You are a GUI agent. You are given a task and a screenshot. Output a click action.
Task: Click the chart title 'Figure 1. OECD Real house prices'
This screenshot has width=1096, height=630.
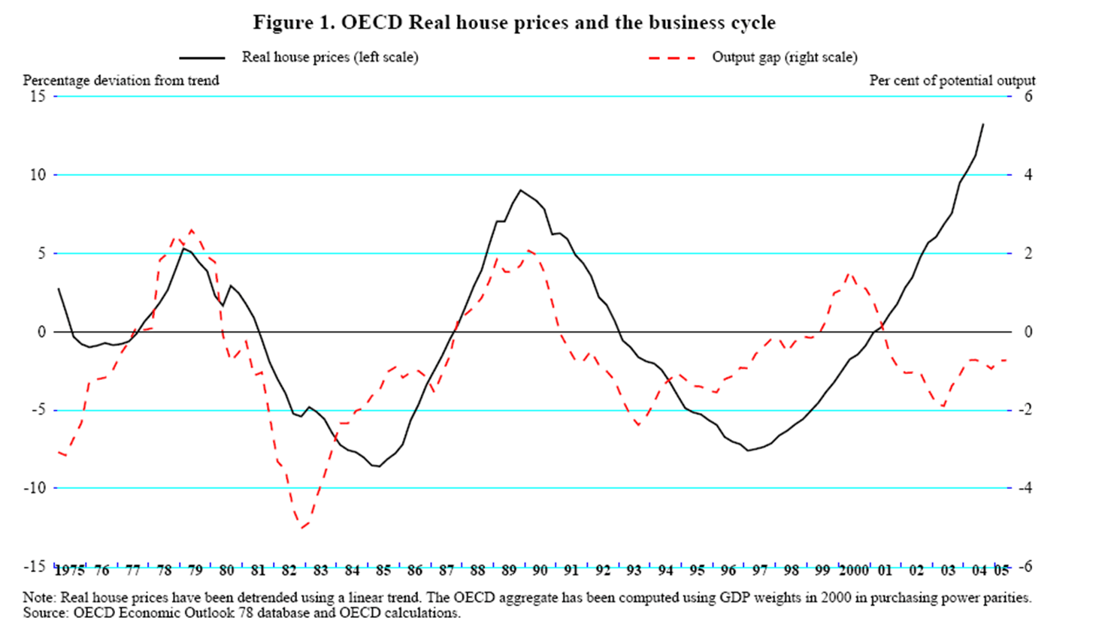514,23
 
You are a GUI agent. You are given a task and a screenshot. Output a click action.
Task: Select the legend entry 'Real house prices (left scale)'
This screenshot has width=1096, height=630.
329,57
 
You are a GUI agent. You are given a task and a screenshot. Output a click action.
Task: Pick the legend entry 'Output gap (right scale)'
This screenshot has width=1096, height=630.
784,57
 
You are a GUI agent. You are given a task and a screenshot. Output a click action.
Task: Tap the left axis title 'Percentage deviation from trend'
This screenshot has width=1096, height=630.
121,80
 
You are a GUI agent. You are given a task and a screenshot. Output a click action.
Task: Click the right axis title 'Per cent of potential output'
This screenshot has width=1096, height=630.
952,80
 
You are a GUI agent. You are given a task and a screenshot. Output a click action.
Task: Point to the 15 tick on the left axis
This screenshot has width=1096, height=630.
38,96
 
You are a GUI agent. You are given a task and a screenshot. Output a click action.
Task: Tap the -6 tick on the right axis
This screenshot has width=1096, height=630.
1025,566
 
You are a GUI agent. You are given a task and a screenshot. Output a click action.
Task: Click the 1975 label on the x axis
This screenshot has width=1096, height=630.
69,571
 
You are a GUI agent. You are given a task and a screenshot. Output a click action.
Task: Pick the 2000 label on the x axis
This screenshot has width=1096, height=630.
854,571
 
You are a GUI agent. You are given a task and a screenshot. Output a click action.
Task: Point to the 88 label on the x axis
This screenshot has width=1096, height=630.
477,571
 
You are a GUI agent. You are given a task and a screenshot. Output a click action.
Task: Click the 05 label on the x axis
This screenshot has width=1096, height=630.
1001,571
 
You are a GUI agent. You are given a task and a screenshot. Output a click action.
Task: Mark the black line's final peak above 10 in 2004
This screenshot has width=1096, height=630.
982,125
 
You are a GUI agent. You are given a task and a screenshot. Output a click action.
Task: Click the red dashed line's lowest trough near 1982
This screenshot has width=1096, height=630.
301,528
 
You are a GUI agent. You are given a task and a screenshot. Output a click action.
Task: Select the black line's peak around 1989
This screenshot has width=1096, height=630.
521,190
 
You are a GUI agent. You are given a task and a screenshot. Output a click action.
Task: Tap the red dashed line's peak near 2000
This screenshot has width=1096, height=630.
849,274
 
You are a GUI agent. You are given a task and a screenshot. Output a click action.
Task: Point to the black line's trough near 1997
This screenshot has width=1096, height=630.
748,451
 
